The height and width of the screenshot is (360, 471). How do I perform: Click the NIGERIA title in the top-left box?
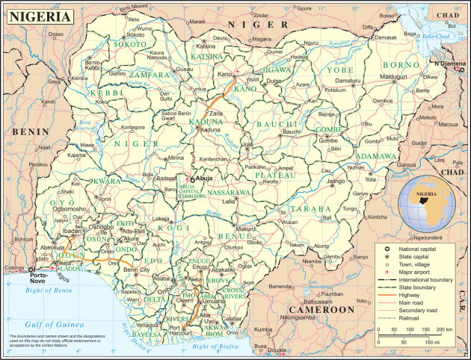[x=41, y=15]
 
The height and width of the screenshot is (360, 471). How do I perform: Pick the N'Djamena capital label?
[x=450, y=63]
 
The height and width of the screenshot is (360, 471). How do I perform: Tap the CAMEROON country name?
[x=321, y=309]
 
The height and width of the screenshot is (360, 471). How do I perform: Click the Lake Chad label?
[x=425, y=35]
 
